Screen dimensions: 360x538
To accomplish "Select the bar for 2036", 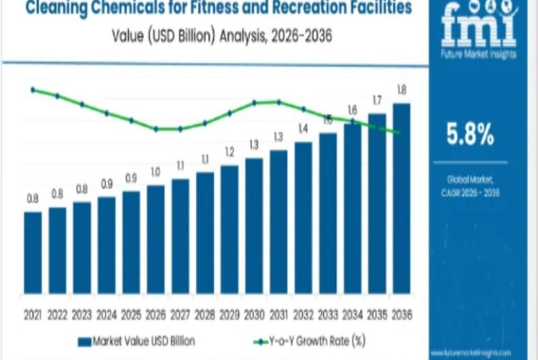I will click(x=402, y=198).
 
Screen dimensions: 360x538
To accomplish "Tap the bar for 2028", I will click(x=205, y=232).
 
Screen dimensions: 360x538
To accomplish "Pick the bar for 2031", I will click(x=279, y=221).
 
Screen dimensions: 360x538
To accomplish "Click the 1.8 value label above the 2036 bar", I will click(x=402, y=89).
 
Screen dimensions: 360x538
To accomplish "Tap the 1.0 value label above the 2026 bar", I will click(x=156, y=172).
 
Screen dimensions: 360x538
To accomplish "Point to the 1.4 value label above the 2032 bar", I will click(x=303, y=129).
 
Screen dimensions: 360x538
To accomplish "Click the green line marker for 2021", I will click(x=33, y=89).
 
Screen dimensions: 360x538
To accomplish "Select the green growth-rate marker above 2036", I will click(x=398, y=132).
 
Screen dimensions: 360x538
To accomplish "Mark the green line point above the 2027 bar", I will click(x=180, y=129).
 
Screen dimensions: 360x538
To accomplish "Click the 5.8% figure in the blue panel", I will click(x=470, y=134).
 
